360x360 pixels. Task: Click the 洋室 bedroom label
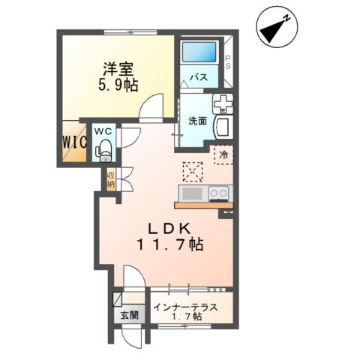coord(118,69)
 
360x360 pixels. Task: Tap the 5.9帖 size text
coord(118,85)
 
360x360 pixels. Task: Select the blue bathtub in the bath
coord(199,52)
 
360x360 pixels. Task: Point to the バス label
coord(199,77)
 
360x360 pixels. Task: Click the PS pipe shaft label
coord(228,62)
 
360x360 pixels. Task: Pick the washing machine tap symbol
coord(223,103)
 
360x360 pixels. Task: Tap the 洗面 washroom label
coord(197,121)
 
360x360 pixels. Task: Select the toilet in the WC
coord(103,150)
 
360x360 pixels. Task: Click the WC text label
coord(104,132)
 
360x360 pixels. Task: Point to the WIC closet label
coord(75,142)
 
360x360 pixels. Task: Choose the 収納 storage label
coord(110,180)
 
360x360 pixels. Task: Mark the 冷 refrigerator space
coord(223,154)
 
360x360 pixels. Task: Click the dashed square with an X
coord(193,172)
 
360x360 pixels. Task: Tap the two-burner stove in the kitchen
coord(219,193)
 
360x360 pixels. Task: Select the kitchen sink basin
coord(192,193)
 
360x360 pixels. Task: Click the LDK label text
coord(169,228)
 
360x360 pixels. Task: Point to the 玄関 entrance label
coord(129,315)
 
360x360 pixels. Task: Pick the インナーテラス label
coord(185,307)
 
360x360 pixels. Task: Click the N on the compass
coord(286,18)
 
